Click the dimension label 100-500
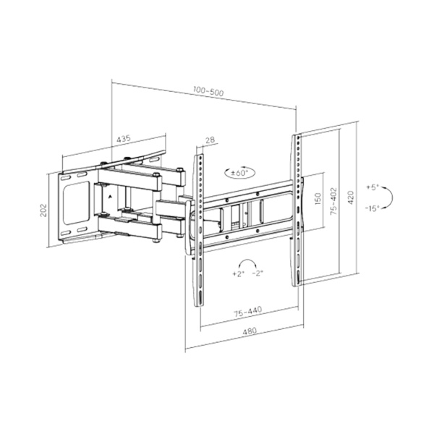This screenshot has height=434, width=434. coord(208,93)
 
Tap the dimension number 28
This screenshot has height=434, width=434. coord(210,141)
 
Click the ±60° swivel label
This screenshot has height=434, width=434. coord(239,174)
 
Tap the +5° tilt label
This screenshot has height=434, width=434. coord(373,187)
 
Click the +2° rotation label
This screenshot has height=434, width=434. coord(239,275)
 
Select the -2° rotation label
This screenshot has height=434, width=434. coord(259,275)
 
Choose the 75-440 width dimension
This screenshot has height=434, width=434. coord(248,312)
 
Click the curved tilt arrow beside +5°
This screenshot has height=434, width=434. coord(388,197)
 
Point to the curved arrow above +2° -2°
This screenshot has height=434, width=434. coord(249,262)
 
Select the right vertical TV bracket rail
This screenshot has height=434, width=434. coord(297,210)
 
